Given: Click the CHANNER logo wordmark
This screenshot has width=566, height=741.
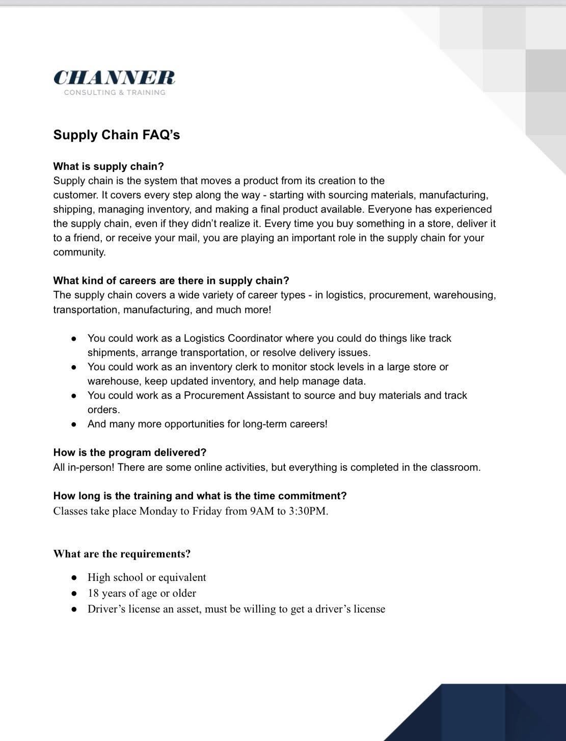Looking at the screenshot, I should (x=114, y=78).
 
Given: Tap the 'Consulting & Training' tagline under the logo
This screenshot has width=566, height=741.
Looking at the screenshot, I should (x=115, y=92).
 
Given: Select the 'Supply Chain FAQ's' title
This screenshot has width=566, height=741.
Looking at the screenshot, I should (x=117, y=135).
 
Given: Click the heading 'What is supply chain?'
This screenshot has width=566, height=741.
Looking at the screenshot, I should (x=109, y=166).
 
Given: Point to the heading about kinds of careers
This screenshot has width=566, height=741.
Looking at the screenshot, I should (x=171, y=280).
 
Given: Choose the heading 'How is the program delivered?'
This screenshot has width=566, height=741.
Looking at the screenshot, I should (x=130, y=452).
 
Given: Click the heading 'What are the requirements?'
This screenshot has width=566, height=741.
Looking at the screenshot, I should (x=122, y=554).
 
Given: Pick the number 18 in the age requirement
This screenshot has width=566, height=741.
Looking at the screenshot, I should (x=93, y=593).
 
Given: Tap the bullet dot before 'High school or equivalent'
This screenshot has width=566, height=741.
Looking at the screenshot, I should (x=74, y=578).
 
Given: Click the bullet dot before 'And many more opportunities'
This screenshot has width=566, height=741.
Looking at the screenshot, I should (x=74, y=424).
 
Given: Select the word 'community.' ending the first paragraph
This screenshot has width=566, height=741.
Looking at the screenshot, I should (x=79, y=252).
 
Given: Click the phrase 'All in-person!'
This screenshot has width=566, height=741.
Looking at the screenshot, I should (x=84, y=467).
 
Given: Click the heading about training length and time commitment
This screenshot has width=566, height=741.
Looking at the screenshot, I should (x=200, y=496).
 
